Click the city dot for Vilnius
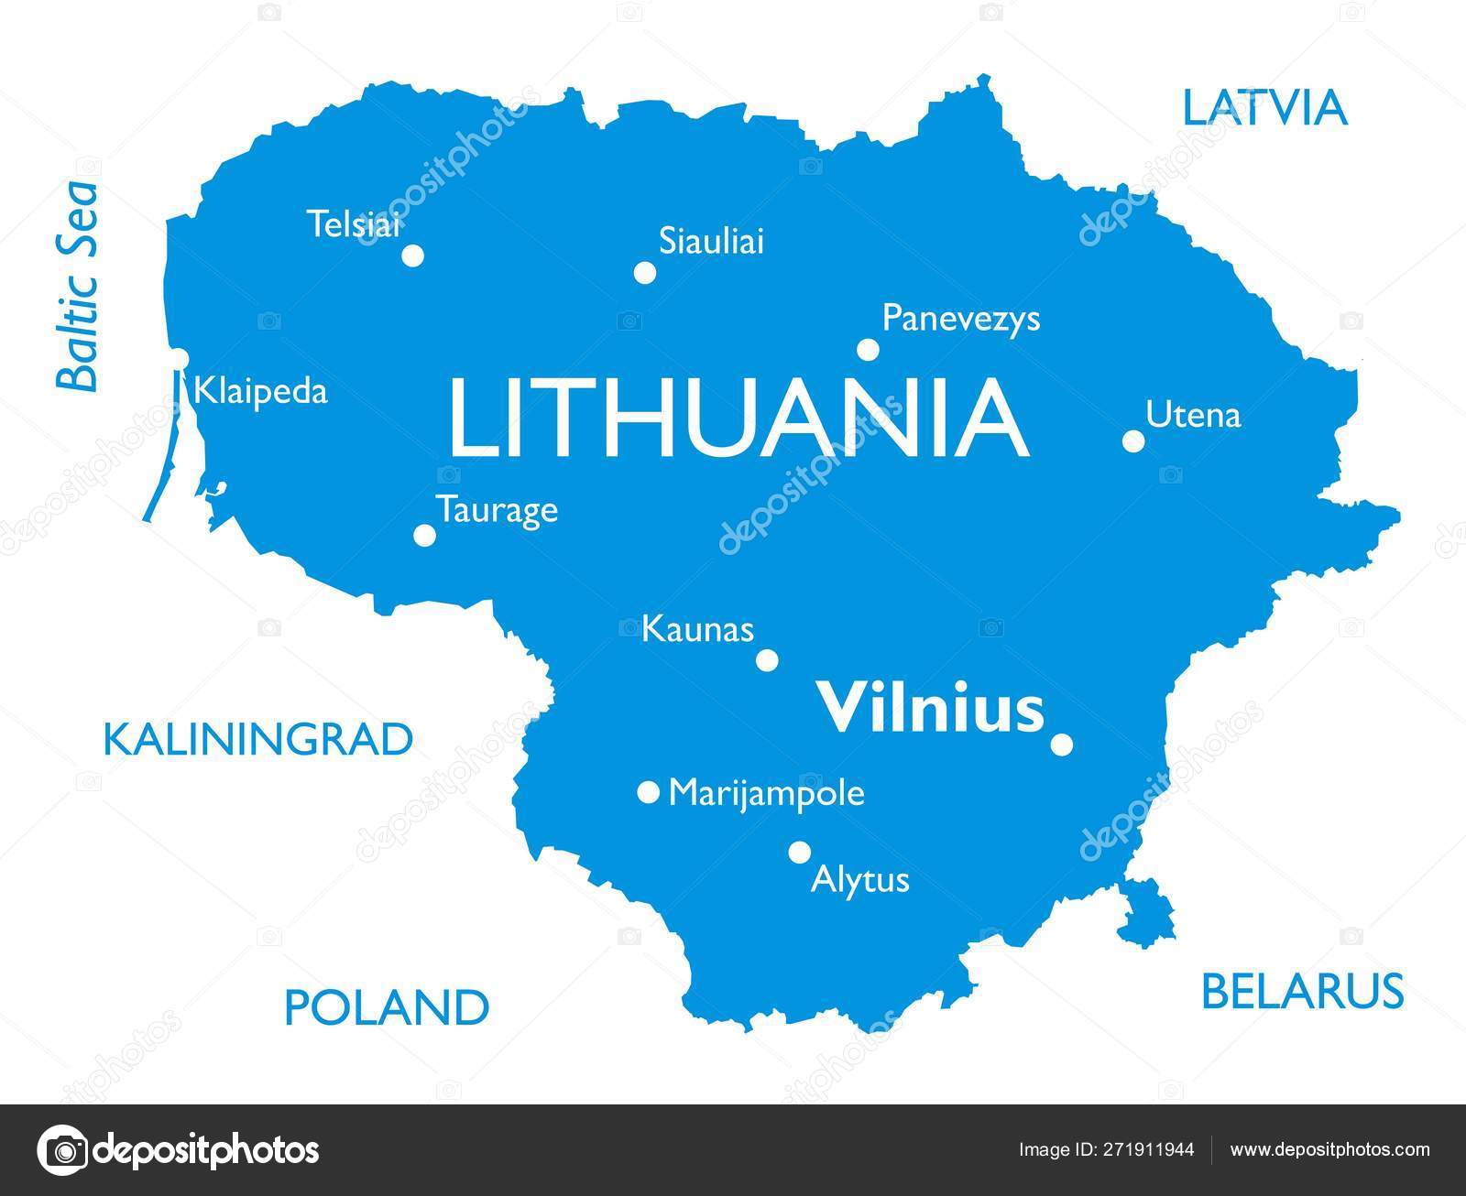click(1061, 745)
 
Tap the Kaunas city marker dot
click(767, 660)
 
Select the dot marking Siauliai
click(645, 273)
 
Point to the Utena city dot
click(1133, 440)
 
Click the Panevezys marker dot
click(868, 350)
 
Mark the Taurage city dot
click(424, 535)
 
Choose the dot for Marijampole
click(648, 792)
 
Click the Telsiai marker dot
click(413, 256)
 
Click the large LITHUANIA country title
click(738, 419)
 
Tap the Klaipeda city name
click(260, 392)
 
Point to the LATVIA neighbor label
click(1264, 108)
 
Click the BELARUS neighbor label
click(1302, 990)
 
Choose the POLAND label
click(387, 1006)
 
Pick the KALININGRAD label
click(258, 739)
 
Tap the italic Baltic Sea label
click(78, 287)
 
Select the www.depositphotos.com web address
click(1329, 1149)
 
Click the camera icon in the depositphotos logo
click(64, 1149)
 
